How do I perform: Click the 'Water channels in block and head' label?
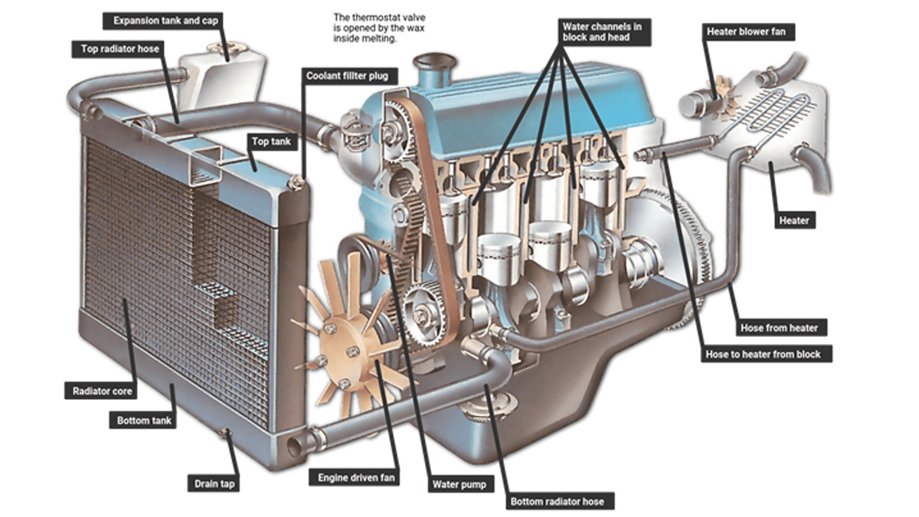(602, 31)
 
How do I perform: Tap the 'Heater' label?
(793, 220)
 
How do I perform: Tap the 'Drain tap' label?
(208, 483)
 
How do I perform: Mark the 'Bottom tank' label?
(145, 420)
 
